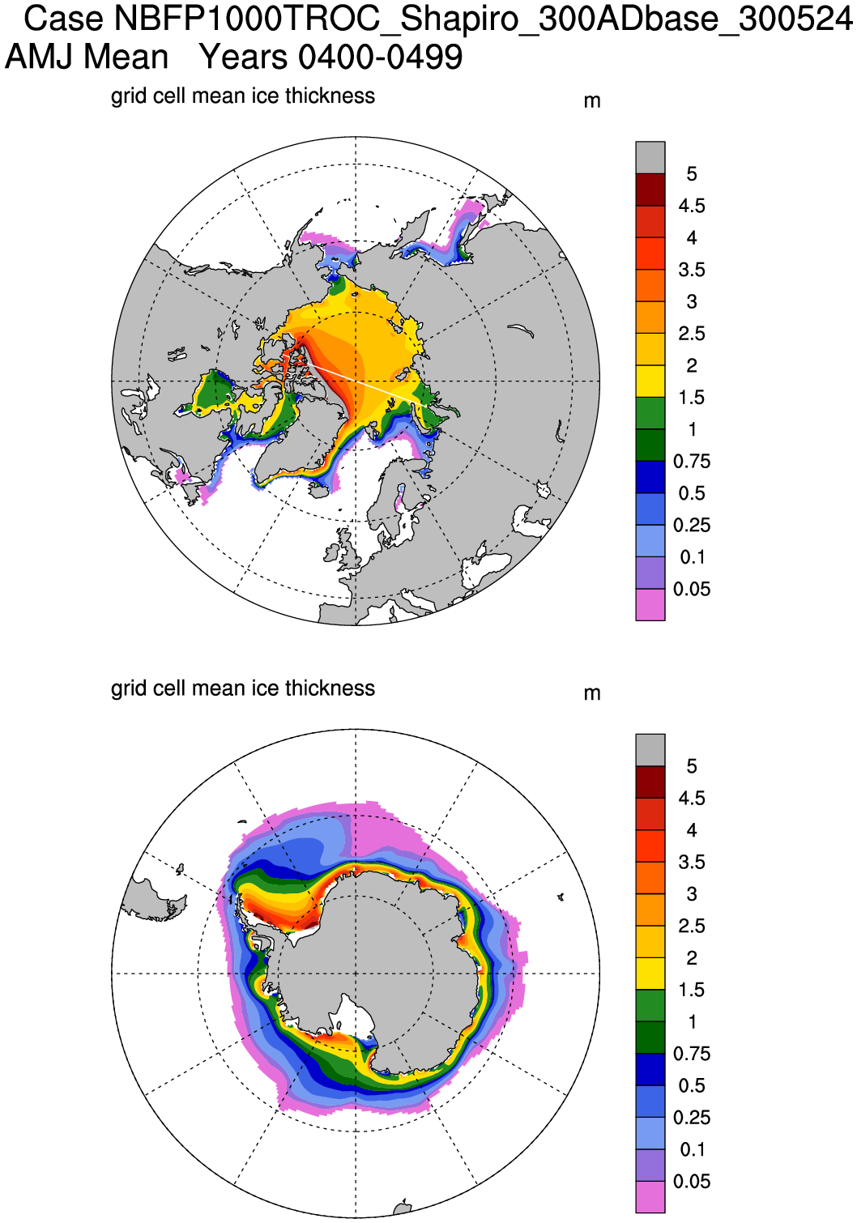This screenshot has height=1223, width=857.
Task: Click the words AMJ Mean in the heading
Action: [87, 58]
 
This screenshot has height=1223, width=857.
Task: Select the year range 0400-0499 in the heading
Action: [380, 58]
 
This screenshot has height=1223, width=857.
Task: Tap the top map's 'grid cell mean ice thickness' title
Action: [242, 96]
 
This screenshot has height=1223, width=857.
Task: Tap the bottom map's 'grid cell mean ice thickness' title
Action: [242, 688]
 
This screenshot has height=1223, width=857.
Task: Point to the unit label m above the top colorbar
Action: [592, 101]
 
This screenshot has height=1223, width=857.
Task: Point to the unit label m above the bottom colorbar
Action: [592, 693]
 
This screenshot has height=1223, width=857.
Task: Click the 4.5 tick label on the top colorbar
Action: [691, 206]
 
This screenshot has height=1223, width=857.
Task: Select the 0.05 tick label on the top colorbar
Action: [691, 590]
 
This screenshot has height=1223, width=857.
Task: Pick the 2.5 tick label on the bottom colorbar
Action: [691, 926]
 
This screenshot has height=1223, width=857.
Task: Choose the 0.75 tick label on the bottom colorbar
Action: [691, 1054]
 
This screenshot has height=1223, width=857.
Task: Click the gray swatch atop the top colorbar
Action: [650, 157]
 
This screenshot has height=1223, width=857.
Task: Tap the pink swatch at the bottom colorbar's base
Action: [650, 1197]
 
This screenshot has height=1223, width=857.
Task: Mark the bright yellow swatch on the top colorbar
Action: [650, 381]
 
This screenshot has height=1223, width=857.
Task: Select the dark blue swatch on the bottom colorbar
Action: [650, 1069]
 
